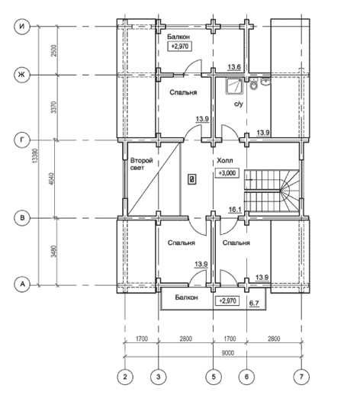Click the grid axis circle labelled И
pyautogui.click(x=22, y=26)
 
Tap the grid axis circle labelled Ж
pyautogui.click(x=22, y=75)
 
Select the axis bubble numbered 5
pyautogui.click(x=214, y=377)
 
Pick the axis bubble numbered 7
pyautogui.click(x=301, y=377)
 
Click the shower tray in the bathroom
pyautogui.click(x=234, y=86)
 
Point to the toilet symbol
pyautogui.click(x=253, y=85)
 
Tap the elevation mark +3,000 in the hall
pyautogui.click(x=227, y=173)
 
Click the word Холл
pyautogui.click(x=225, y=161)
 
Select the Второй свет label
pyautogui.click(x=142, y=164)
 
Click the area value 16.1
pyautogui.click(x=235, y=210)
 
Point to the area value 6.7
pyautogui.click(x=254, y=303)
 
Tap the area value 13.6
pyautogui.click(x=234, y=67)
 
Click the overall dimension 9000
pyautogui.click(x=228, y=353)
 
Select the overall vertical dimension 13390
pyautogui.click(x=35, y=156)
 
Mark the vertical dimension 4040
pyautogui.click(x=51, y=178)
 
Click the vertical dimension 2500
pyautogui.click(x=53, y=50)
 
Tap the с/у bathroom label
pyautogui.click(x=239, y=104)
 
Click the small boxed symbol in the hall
pyautogui.click(x=192, y=179)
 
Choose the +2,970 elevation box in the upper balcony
pyautogui.click(x=179, y=47)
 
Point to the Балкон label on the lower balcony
pyautogui.click(x=186, y=297)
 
